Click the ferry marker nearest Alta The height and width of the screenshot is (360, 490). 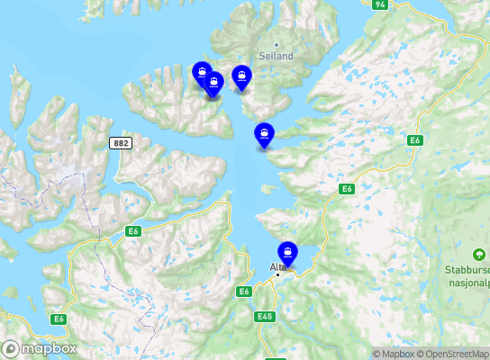(x=288, y=252)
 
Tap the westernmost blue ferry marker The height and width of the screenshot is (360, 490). (x=203, y=73)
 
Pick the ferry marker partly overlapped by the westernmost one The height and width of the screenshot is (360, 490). (x=214, y=84)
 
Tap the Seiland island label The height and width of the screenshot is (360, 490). (x=276, y=55)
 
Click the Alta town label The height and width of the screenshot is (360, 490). (x=277, y=265)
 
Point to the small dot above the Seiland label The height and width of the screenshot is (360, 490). (x=277, y=44)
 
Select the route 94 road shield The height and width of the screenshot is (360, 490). (x=379, y=4)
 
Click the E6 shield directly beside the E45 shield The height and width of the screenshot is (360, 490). (x=244, y=292)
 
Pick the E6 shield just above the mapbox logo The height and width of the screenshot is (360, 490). (x=59, y=319)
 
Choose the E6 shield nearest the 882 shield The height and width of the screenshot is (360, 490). (x=133, y=231)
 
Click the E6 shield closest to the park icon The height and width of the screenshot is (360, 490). (x=415, y=140)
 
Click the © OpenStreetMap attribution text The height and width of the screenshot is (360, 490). (x=456, y=354)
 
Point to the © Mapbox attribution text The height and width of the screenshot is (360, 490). (x=395, y=354)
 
